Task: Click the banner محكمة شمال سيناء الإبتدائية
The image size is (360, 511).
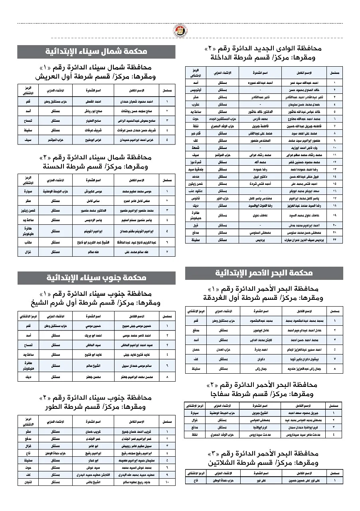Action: point(96,51)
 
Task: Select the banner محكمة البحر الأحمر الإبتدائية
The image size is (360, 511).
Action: point(264,273)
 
